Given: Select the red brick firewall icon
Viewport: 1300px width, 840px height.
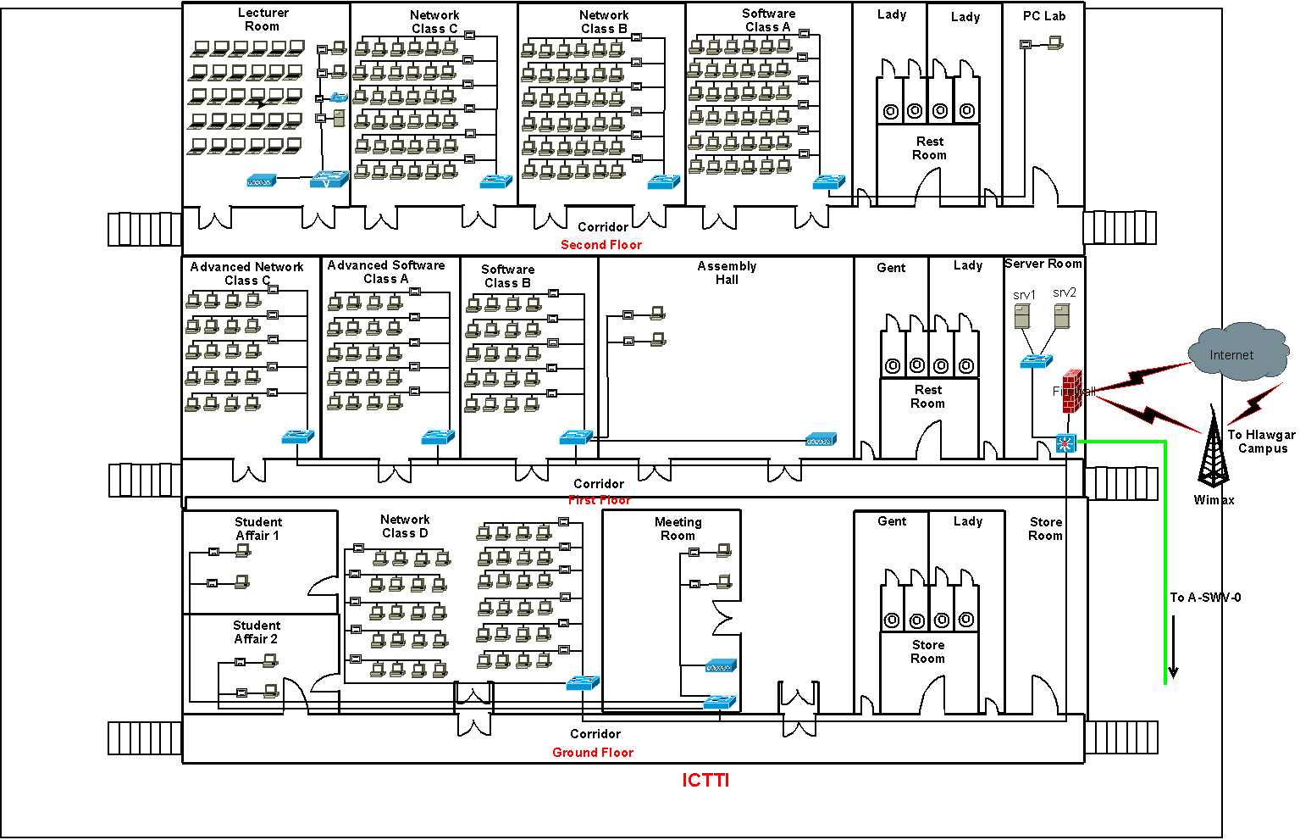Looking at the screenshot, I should (x=1072, y=391).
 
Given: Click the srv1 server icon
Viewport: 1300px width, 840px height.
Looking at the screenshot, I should (x=1023, y=317).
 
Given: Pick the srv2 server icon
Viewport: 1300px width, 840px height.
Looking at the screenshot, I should (x=1062, y=316).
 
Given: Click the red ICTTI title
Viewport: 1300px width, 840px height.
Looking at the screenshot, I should (x=705, y=781).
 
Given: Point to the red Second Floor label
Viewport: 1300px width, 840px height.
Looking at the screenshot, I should (x=601, y=245).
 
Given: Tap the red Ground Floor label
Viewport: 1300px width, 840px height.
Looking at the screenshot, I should (x=593, y=753).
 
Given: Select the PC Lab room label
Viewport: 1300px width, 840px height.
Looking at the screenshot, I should (x=1043, y=16).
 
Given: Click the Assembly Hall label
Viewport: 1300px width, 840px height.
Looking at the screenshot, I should (x=727, y=273).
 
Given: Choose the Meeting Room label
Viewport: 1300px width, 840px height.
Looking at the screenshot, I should (x=678, y=529).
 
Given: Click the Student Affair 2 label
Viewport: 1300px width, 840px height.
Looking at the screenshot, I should (x=256, y=632).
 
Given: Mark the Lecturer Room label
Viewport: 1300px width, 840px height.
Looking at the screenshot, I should (x=263, y=19).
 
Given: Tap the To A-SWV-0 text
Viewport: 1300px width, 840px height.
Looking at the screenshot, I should (x=1205, y=598).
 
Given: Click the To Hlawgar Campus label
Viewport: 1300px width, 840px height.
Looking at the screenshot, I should (x=1261, y=442).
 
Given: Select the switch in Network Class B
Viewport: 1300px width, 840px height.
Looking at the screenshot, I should (x=664, y=181).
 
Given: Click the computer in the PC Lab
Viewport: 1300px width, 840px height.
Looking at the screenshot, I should (x=1055, y=42).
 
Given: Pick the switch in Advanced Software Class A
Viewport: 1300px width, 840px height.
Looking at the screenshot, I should (x=438, y=437).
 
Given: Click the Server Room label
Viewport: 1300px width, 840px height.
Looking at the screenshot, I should (x=1043, y=264).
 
